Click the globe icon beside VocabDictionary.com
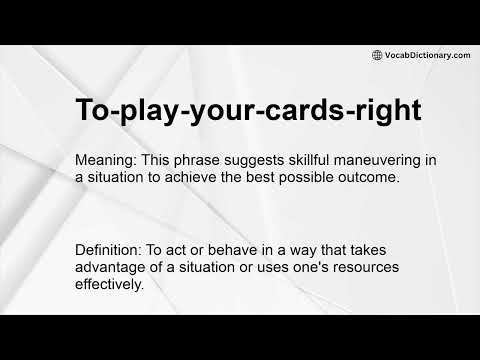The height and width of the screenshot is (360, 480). click(377, 55)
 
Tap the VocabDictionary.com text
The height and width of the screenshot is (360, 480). click(427, 55)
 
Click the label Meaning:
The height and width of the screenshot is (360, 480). click(107, 161)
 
